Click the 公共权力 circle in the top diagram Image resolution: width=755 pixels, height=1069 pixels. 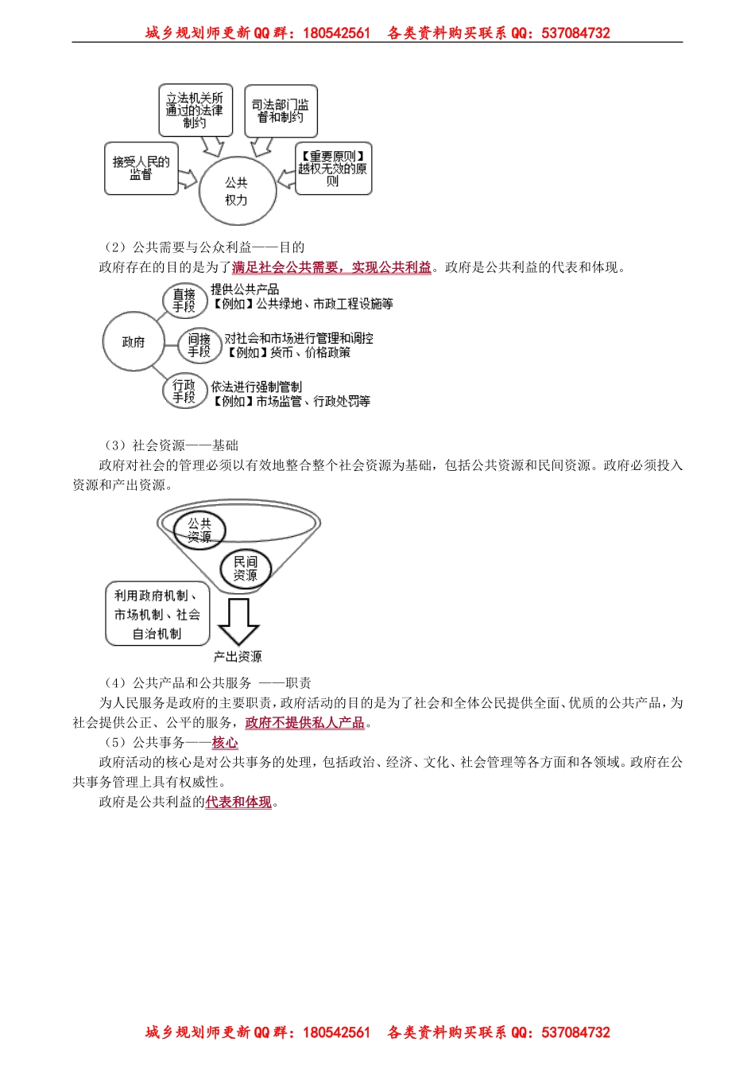236,191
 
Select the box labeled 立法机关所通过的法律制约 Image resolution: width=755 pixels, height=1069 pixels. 196,111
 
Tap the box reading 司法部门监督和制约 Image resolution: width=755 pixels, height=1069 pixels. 281,111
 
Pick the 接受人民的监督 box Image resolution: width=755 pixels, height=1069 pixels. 141,169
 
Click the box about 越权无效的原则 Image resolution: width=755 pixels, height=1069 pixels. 333,169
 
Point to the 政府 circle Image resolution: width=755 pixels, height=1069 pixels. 134,342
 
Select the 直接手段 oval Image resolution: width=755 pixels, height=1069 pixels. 184,300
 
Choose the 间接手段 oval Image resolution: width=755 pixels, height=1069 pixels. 199,345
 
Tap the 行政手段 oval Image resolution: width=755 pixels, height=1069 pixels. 184,391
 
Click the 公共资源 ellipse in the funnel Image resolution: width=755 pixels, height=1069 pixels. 199,530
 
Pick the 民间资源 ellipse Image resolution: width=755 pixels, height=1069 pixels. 245,568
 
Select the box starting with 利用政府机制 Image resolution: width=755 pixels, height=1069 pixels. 157,614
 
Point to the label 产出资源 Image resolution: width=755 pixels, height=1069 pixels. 238,657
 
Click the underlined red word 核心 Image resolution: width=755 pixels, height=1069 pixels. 225,743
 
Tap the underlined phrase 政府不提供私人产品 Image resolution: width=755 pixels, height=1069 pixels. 305,723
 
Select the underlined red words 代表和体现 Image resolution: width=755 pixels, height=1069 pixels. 238,803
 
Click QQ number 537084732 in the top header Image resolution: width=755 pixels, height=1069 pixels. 575,33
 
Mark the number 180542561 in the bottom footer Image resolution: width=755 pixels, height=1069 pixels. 337,1032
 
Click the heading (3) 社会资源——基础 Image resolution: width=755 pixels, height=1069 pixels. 171,445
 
